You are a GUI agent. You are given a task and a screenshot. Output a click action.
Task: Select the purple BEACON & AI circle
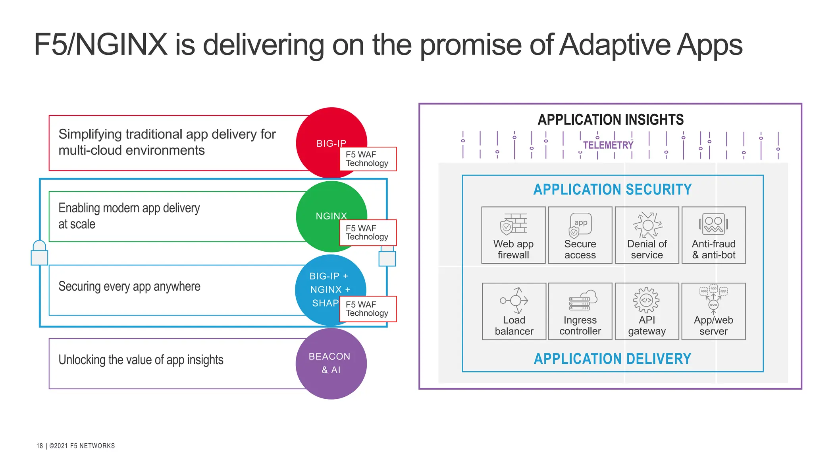(331, 363)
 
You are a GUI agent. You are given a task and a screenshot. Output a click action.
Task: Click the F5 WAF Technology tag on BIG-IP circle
(368, 159)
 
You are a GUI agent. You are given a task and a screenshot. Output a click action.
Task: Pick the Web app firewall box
(513, 235)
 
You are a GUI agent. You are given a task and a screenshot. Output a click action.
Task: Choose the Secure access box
(580, 235)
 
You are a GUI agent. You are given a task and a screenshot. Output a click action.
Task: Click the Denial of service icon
(647, 225)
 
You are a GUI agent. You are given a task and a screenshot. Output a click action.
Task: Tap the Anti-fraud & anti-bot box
(713, 235)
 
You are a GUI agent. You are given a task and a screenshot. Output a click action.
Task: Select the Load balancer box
(514, 311)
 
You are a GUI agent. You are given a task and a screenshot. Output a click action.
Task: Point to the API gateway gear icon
(646, 300)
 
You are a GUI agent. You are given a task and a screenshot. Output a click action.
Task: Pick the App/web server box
(713, 311)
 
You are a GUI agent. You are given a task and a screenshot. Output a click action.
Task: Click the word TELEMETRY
(608, 145)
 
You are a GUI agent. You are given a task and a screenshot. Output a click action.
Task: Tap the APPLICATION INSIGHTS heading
(611, 120)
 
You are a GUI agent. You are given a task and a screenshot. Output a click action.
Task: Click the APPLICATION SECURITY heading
(612, 190)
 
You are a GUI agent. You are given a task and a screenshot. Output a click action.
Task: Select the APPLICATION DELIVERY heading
(612, 359)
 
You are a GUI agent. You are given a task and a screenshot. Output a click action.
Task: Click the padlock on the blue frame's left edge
(39, 253)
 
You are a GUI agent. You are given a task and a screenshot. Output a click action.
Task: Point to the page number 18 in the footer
(39, 446)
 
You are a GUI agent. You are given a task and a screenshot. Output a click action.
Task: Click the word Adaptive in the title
(615, 45)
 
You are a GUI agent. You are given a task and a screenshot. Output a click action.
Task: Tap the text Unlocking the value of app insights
(141, 360)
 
